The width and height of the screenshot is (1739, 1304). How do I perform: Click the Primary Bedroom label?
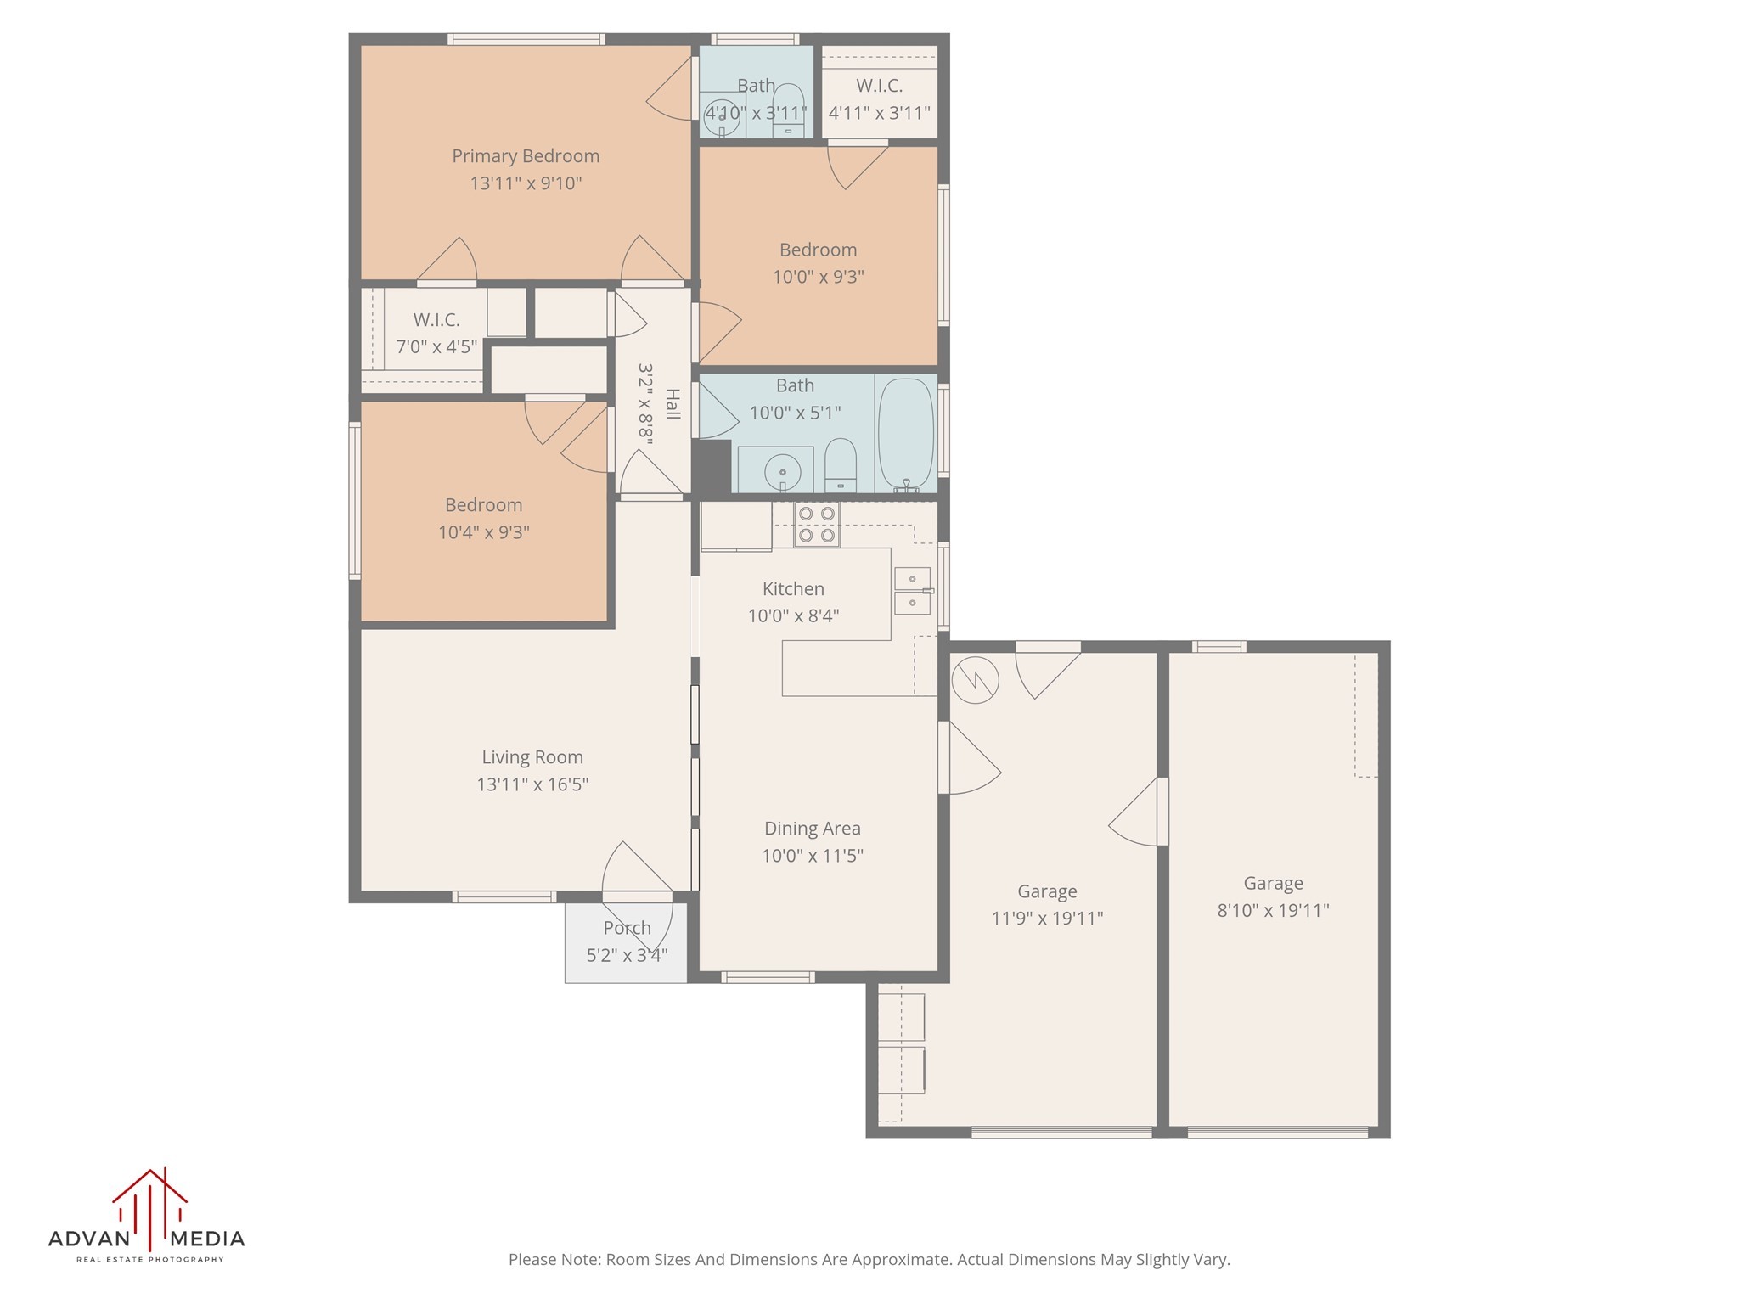point(526,156)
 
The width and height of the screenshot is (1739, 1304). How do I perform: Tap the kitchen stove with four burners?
point(816,524)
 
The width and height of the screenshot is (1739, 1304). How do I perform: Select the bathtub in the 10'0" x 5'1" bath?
point(905,434)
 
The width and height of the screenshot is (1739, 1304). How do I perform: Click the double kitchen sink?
point(912,590)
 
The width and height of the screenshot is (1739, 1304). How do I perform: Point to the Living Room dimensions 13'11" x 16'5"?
point(532,784)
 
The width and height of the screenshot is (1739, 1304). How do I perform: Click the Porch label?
point(627,928)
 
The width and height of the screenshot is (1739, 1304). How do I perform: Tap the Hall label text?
point(672,404)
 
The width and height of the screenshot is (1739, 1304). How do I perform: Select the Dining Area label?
point(812,829)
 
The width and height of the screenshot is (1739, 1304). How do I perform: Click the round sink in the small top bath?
point(722,118)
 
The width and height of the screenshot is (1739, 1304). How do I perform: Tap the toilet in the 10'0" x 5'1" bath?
point(841,465)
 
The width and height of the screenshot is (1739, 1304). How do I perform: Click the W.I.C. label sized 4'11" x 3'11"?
point(879,86)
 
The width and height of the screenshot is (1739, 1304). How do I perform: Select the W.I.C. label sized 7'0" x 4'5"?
point(436,320)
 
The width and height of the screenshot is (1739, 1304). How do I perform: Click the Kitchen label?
point(793,589)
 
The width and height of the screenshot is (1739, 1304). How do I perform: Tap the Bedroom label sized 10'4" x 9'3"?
point(483,505)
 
